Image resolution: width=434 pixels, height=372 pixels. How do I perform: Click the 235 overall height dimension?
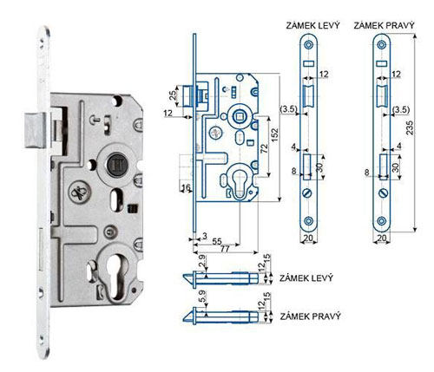[x=410, y=127]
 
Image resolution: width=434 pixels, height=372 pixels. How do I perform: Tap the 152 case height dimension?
[x=274, y=135]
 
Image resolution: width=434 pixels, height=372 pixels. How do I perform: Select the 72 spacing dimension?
[x=265, y=148]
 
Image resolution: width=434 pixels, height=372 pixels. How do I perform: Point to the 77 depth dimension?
[x=225, y=249]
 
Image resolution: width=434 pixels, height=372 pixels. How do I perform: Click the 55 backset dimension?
[x=217, y=241]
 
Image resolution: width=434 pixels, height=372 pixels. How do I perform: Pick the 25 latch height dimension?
[x=173, y=95]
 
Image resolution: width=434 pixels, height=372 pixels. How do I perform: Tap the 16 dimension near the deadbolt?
[x=186, y=188]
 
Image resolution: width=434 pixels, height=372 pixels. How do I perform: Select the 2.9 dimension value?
[x=202, y=260]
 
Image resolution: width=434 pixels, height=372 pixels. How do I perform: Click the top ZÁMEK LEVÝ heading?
[x=312, y=25]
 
